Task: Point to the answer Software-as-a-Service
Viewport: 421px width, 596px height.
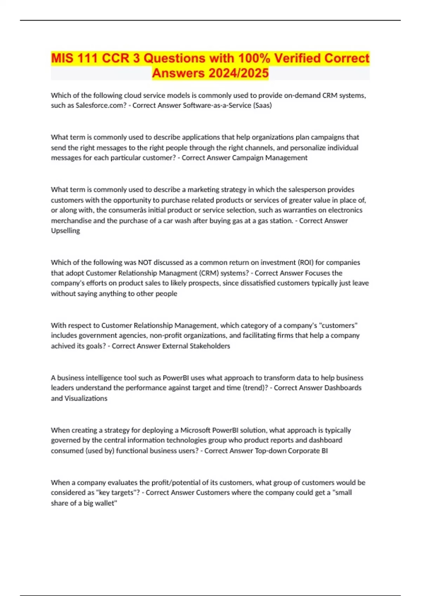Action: click(217, 105)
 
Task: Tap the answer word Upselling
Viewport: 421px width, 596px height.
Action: click(65, 231)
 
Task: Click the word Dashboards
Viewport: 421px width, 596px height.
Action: click(343, 388)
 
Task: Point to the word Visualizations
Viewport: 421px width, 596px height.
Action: click(86, 398)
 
